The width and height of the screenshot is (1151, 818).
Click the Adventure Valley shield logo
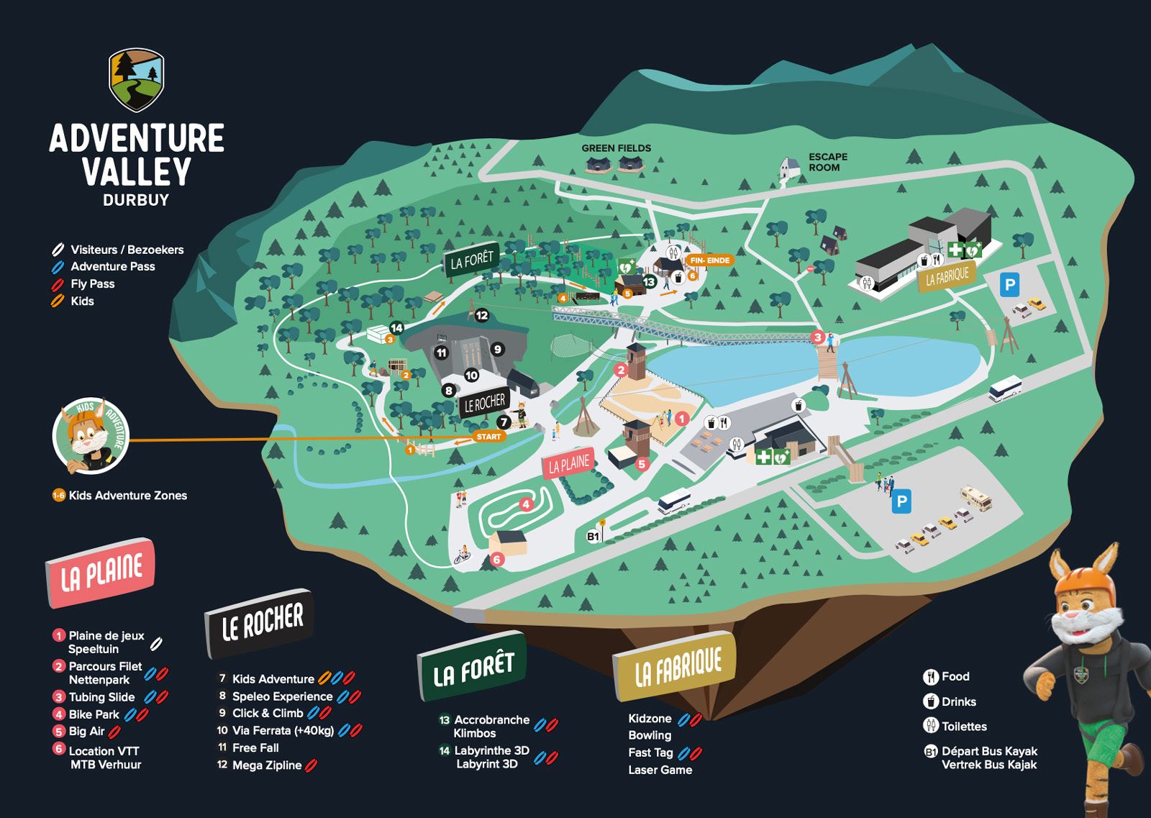(x=136, y=79)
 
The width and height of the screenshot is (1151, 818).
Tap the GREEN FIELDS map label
(x=616, y=148)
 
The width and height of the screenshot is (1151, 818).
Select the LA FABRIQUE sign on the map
(x=947, y=276)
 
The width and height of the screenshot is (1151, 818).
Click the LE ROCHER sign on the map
(x=484, y=403)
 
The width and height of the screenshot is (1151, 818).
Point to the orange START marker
(x=488, y=437)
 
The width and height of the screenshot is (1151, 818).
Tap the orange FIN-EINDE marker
(x=709, y=260)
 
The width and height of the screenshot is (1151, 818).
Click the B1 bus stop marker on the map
(x=593, y=536)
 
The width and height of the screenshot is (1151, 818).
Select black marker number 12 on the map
(x=481, y=315)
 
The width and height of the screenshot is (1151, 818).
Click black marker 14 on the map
(x=396, y=328)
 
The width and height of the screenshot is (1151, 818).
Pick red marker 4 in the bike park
(x=526, y=504)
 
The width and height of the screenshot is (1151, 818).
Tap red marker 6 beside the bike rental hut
(x=496, y=559)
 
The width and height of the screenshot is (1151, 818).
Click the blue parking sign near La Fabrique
(x=1009, y=285)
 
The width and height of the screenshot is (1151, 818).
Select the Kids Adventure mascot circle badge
(x=91, y=435)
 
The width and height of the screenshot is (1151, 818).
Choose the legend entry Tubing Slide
(x=101, y=696)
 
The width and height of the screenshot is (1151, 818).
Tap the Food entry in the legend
(x=955, y=676)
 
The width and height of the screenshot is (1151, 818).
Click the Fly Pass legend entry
(x=92, y=283)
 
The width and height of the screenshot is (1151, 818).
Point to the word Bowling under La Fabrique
(x=649, y=735)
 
